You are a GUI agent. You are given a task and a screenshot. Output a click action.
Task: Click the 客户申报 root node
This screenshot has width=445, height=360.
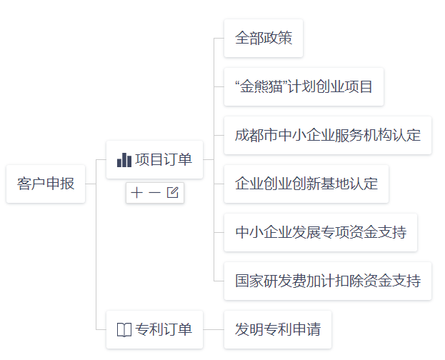point(46,184)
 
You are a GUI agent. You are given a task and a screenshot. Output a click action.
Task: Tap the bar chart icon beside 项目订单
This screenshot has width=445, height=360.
point(124,159)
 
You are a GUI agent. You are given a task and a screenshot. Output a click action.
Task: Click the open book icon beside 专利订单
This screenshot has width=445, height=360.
point(124,329)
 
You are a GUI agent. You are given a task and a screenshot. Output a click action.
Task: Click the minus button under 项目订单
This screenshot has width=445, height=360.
point(154,192)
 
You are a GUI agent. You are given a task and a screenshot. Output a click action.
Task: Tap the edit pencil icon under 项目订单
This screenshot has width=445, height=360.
point(172,192)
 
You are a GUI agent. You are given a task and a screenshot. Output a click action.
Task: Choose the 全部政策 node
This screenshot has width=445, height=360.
point(264,38)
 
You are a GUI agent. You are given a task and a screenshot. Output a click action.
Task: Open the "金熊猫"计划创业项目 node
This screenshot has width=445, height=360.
point(304,86)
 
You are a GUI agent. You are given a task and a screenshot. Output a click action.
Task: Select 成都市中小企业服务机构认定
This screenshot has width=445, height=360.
point(327,135)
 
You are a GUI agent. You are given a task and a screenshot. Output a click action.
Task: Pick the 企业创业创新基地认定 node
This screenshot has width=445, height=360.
point(306,184)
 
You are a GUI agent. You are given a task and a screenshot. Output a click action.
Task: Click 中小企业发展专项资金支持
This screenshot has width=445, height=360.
point(321,232)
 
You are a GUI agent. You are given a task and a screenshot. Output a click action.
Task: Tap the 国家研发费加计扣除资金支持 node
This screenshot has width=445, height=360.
point(327,281)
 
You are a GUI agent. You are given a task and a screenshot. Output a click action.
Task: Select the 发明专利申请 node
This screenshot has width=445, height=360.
point(278,329)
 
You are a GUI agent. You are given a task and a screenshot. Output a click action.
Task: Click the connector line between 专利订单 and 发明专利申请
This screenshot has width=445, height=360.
point(214,329)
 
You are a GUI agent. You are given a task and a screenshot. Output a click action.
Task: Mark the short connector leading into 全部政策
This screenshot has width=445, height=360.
point(219,38)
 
